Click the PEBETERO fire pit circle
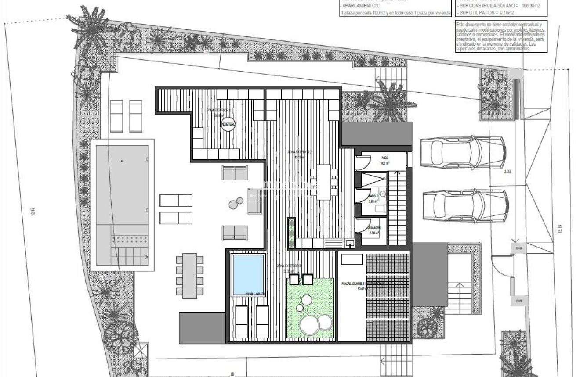coord(228,124)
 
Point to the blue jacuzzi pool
coord(248,275)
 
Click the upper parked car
coord(462,152)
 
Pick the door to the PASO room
coord(362,162)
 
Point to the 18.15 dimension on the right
coord(559,229)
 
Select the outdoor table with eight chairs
coord(190,275)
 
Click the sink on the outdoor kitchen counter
coord(350,243)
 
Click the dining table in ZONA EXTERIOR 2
coord(324,182)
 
